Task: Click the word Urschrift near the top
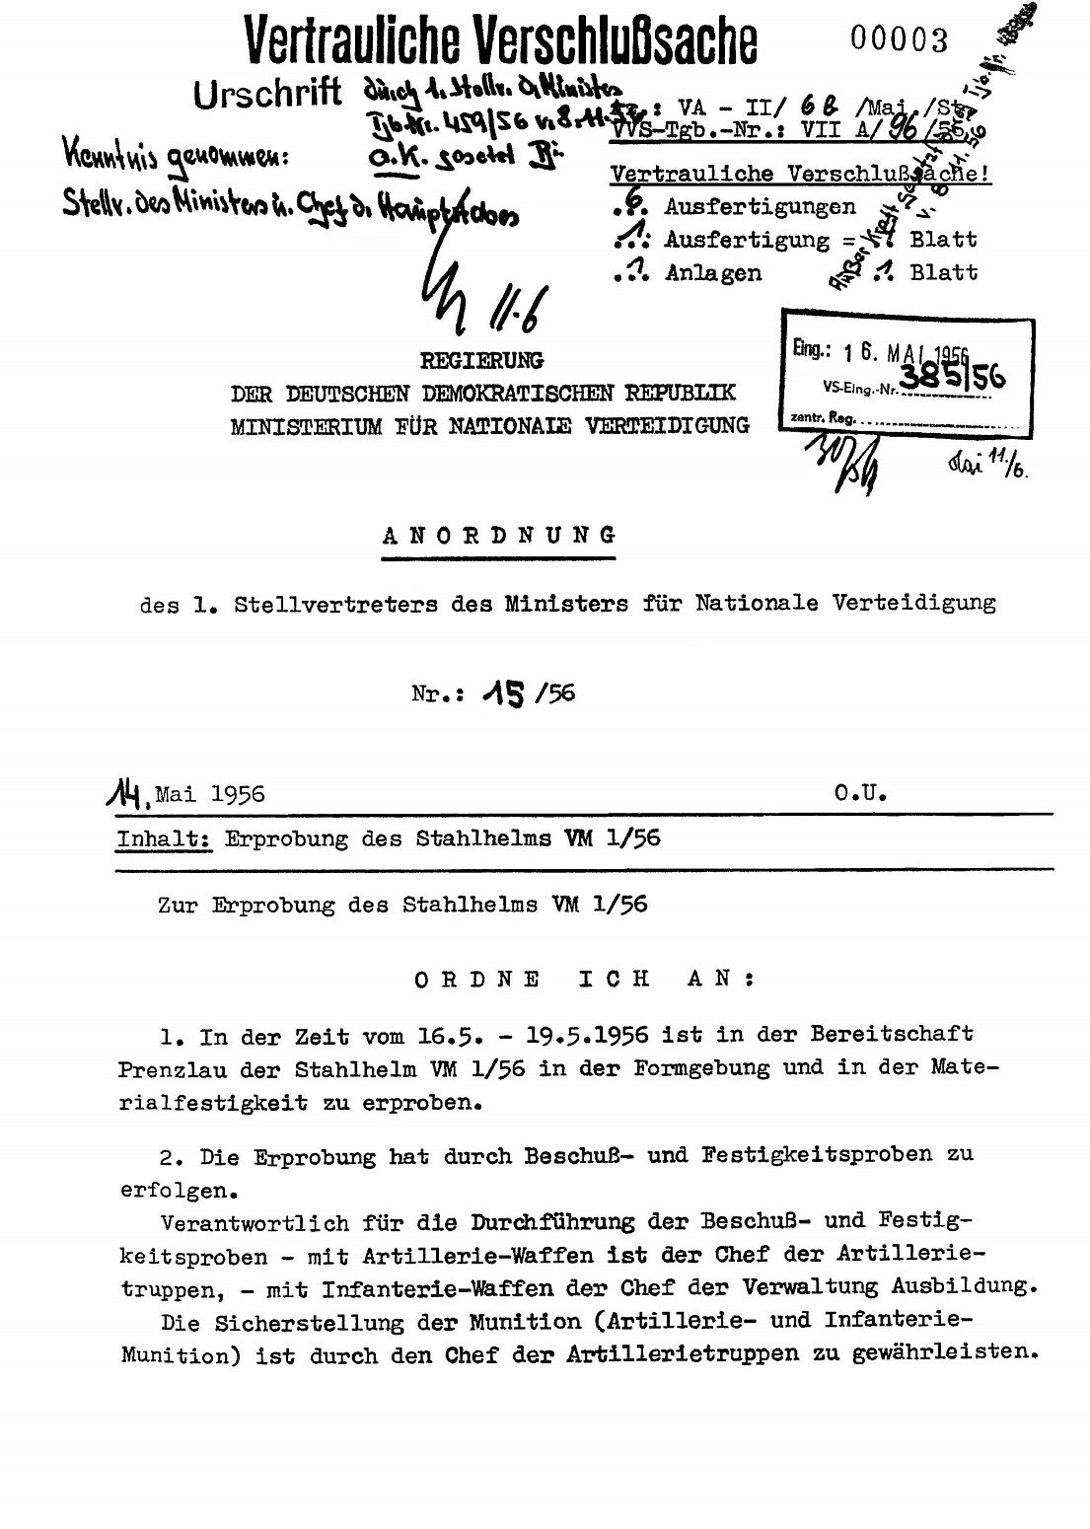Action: click(x=267, y=95)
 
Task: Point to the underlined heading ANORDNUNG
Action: click(x=499, y=536)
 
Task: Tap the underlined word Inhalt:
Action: click(x=164, y=839)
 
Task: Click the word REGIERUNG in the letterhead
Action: click(x=482, y=361)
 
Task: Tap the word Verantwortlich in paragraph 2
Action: click(x=254, y=1223)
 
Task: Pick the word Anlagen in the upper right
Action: click(x=713, y=273)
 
